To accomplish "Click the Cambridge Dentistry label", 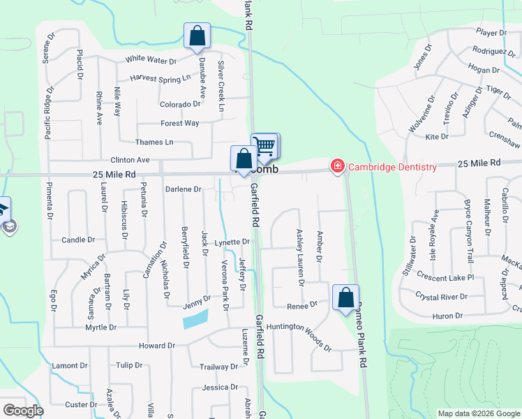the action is [393, 166].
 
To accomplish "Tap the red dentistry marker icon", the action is [338, 166].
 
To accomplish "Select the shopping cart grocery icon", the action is [266, 146].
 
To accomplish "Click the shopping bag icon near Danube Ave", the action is [197, 36].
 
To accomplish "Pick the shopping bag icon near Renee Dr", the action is [345, 297].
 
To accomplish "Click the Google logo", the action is [23, 411].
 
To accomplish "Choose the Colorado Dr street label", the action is [180, 104].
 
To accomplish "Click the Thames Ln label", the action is [155, 142].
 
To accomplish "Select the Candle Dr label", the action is [78, 240].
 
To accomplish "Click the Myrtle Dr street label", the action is [100, 327].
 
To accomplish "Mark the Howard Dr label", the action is [156, 346].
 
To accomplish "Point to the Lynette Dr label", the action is [232, 242].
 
